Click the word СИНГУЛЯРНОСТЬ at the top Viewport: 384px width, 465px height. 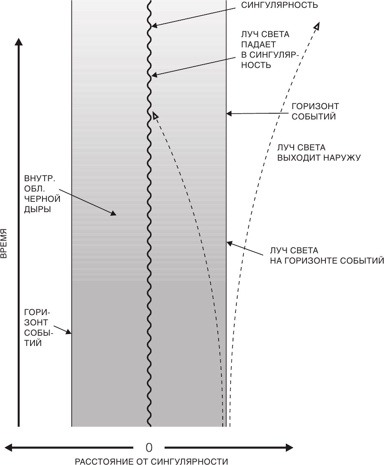279,5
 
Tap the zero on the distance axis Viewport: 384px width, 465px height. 149,448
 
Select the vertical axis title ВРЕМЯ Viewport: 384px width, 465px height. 4,243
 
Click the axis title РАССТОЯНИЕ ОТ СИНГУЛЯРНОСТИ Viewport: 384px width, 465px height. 151,461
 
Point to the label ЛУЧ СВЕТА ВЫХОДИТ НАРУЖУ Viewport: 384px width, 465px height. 319,152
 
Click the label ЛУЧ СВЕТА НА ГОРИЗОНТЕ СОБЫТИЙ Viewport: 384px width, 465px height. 327,256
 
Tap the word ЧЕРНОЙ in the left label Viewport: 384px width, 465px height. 42,199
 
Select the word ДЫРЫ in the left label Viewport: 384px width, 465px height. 38,209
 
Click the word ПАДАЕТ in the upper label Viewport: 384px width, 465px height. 258,44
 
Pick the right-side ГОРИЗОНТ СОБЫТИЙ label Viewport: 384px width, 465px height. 315,111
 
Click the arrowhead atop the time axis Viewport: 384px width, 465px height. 19,42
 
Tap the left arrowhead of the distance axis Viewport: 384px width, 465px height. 9,448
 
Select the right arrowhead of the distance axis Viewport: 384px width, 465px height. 289,448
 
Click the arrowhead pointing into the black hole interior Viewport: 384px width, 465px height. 113,213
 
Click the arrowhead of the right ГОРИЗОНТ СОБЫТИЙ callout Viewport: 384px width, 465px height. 229,113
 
